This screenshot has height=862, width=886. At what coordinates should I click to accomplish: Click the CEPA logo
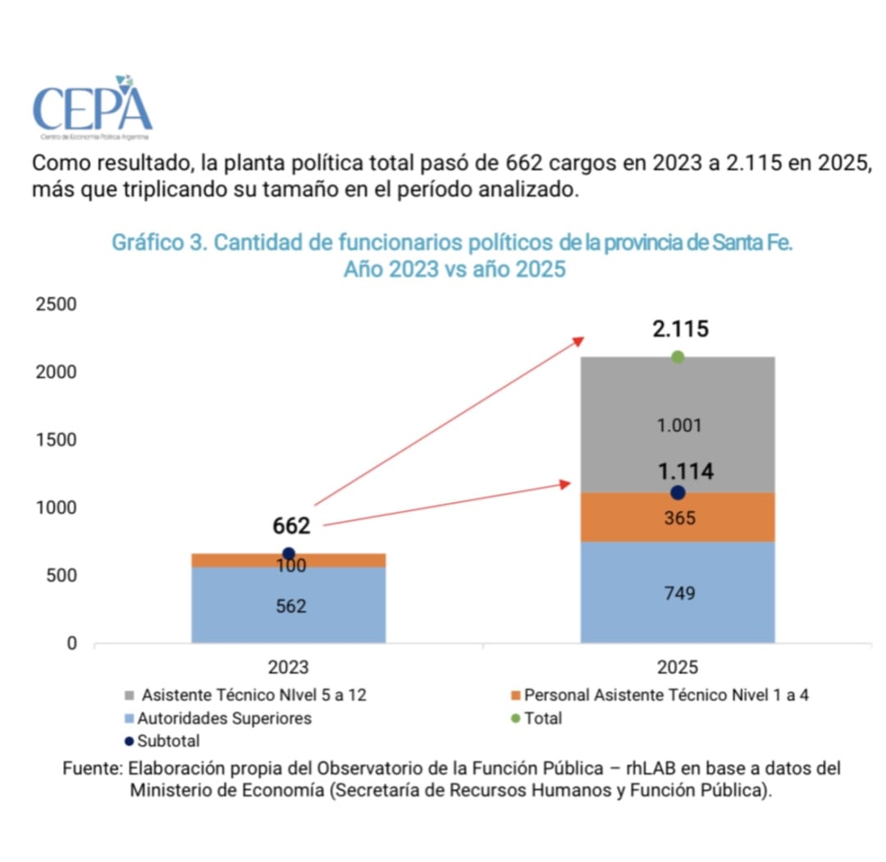pyautogui.click(x=92, y=107)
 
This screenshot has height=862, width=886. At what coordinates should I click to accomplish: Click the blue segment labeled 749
pyautogui.click(x=678, y=592)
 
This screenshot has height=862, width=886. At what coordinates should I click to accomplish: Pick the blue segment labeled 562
pyautogui.click(x=289, y=605)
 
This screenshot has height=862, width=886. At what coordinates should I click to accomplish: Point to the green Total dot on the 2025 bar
pyautogui.click(x=678, y=357)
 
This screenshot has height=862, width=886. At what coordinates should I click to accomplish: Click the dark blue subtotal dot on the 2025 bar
pyautogui.click(x=678, y=493)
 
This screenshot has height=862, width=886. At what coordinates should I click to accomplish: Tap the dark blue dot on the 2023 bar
pyautogui.click(x=289, y=554)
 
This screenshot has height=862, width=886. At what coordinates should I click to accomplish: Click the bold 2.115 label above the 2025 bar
pyautogui.click(x=680, y=330)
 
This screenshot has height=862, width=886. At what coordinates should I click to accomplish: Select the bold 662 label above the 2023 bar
pyautogui.click(x=291, y=526)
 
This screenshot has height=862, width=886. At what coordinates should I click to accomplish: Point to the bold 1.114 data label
pyautogui.click(x=685, y=472)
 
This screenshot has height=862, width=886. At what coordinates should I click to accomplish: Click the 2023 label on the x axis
pyautogui.click(x=289, y=666)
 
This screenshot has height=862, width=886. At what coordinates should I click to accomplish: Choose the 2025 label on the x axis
pyautogui.click(x=678, y=666)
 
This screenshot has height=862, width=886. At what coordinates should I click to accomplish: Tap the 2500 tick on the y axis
pyautogui.click(x=57, y=304)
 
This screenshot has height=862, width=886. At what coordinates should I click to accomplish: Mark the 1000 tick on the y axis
pyautogui.click(x=57, y=508)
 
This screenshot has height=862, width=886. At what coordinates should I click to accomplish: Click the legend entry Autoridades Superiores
pyautogui.click(x=223, y=718)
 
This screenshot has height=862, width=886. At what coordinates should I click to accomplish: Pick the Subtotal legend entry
pyautogui.click(x=168, y=741)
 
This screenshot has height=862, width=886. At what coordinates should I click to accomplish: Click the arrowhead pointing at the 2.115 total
pyautogui.click(x=578, y=340)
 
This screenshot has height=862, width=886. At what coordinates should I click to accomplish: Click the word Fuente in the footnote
pyautogui.click(x=92, y=769)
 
